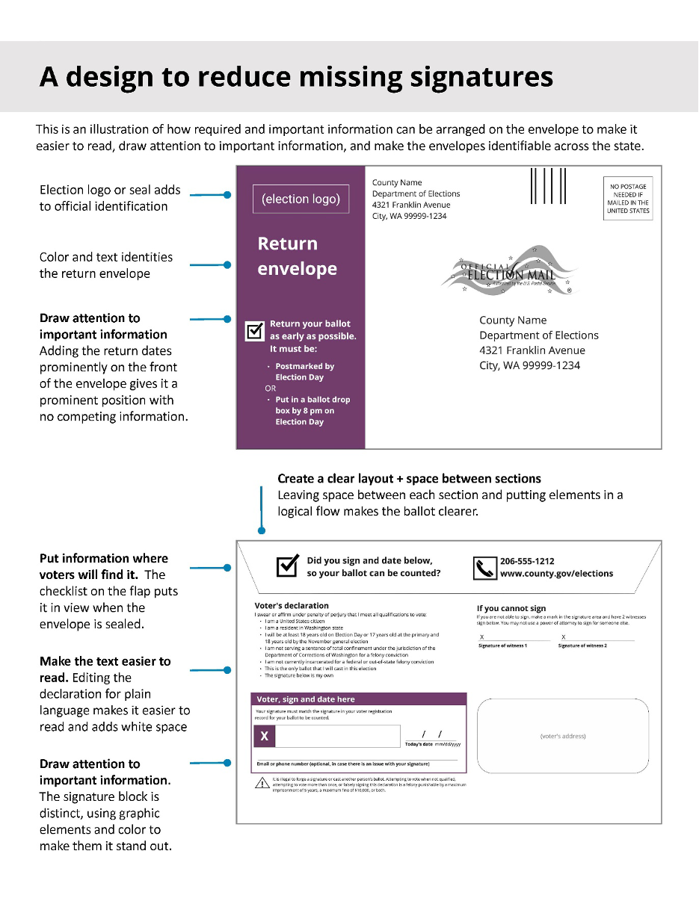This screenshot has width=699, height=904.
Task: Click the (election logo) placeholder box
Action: pyautogui.click(x=301, y=199)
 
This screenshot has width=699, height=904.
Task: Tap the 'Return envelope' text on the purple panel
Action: pyautogui.click(x=298, y=256)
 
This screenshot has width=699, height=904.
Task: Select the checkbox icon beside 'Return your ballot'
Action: pyautogui.click(x=255, y=330)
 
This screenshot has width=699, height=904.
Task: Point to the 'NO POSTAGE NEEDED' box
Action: pyautogui.click(x=628, y=199)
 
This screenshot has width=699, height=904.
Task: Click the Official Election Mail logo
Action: pyautogui.click(x=511, y=273)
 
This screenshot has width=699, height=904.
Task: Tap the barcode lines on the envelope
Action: pyautogui.click(x=548, y=186)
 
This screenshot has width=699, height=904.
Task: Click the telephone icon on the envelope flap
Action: pyautogui.click(x=485, y=569)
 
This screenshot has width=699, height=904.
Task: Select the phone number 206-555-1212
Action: pyautogui.click(x=527, y=561)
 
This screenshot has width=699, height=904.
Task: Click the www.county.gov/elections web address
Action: pyautogui.click(x=556, y=574)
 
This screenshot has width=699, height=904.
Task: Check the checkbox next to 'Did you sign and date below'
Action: pyautogui.click(x=288, y=567)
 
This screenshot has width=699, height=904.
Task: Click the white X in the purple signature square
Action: pyautogui.click(x=264, y=737)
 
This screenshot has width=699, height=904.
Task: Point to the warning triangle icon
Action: pyautogui.click(x=262, y=784)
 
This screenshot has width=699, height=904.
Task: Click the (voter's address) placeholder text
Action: pyautogui.click(x=562, y=736)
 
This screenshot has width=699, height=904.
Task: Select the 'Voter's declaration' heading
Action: pyautogui.click(x=292, y=605)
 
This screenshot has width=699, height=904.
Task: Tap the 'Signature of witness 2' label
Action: pyautogui.click(x=582, y=645)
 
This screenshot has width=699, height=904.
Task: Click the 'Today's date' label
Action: pyautogui.click(x=419, y=744)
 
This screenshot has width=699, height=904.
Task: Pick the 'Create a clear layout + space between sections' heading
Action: pyautogui.click(x=409, y=478)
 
